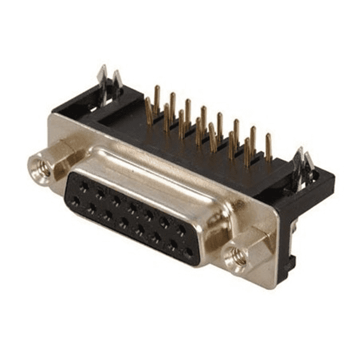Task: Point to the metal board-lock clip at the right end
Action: coord(302,166)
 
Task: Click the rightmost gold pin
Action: coord(268,148)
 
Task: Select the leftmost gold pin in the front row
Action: coord(149,111)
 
